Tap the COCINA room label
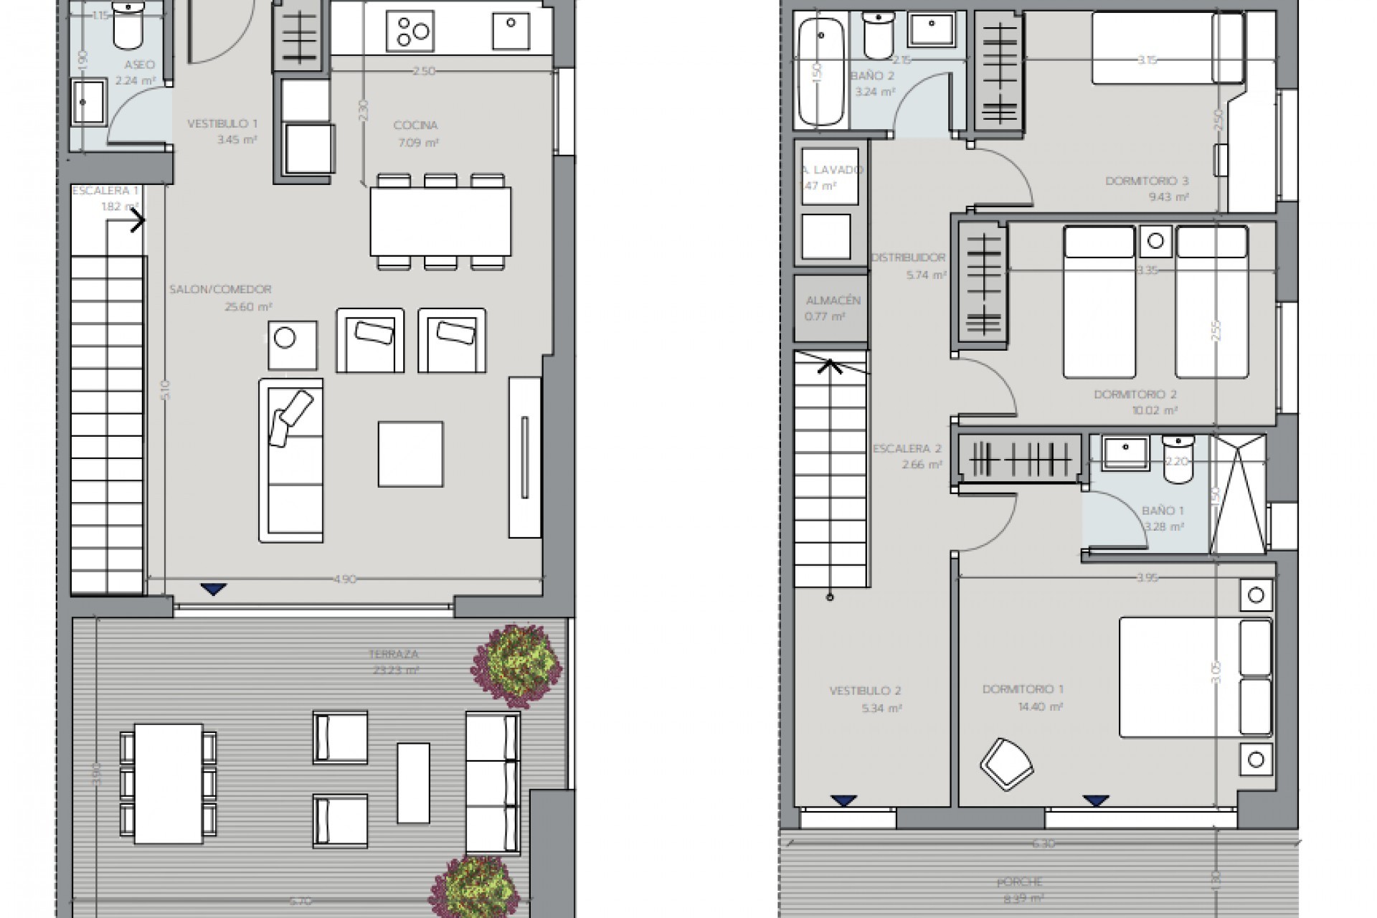pos(415,126)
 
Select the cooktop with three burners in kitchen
pos(410,32)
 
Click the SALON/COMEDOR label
pos(220,290)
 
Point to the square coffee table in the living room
pos(411,454)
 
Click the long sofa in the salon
pos(291,460)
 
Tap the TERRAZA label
pos(393,654)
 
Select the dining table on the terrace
pos(169,783)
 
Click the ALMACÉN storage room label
pos(833,301)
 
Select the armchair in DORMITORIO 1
pos(1007,765)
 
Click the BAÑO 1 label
pos(1163,511)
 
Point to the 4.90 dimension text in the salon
pos(345,579)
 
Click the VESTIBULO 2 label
pos(865,691)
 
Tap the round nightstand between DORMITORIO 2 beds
pos(1155,242)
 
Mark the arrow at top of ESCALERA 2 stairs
pos(831,366)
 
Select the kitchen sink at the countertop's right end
pos(511,32)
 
